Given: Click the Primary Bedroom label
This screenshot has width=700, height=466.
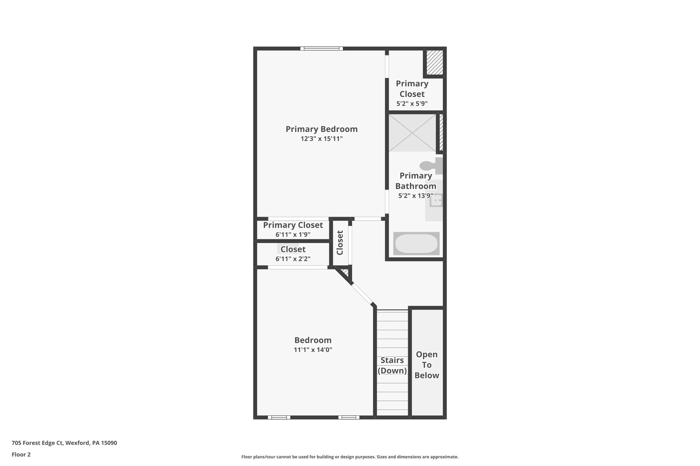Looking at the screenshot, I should coord(321,129).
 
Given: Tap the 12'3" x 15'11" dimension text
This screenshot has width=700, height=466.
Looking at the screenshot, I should coord(321,139).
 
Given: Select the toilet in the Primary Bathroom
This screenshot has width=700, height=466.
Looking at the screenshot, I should coord(431,166).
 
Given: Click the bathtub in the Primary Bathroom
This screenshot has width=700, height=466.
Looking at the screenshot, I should coord(416,244).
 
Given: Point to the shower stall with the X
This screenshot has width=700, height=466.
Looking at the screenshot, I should coord(412,133).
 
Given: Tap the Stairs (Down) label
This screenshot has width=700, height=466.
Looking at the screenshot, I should coord(392,365).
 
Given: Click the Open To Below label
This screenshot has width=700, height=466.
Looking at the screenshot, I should coord(427,365).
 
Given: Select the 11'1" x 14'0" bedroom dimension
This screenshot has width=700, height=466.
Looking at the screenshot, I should coord(313,350).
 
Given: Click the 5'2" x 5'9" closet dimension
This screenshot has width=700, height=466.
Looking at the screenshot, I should coord(412,104).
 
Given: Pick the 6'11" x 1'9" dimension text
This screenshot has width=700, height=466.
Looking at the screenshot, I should coord(293,235).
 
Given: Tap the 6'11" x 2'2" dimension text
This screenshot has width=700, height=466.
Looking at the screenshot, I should coord(293,259).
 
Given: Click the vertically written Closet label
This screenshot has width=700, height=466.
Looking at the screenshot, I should coord(340,243).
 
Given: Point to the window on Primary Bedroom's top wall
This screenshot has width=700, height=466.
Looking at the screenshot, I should coord(321,48).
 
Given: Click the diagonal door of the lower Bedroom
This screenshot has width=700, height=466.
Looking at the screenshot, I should coord(362,294).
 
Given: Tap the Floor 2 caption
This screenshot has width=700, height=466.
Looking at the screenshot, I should coord(21,454).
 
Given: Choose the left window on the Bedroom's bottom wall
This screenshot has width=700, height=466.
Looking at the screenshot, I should coord(279,417).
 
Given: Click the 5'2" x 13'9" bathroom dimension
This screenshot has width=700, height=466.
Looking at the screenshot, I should coord(416,196).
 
